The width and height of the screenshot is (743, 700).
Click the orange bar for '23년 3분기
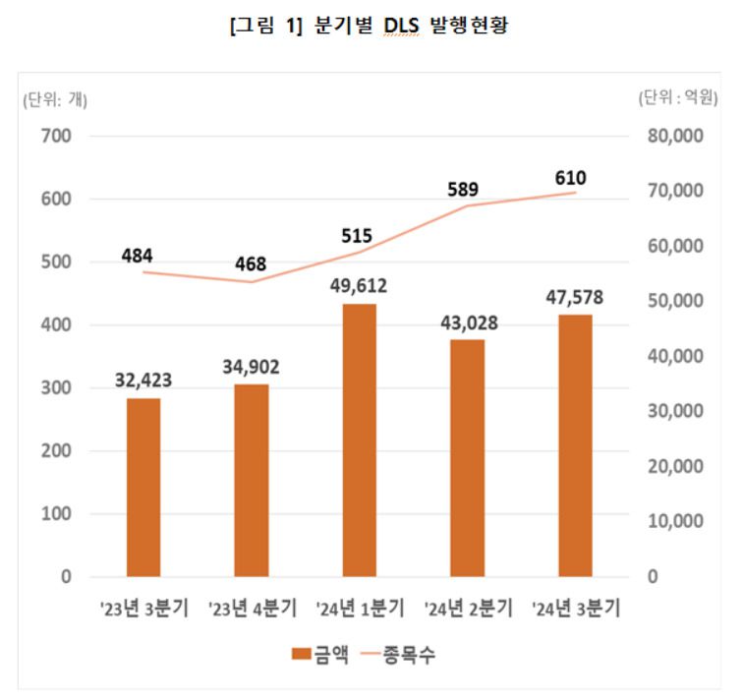click(x=143, y=487)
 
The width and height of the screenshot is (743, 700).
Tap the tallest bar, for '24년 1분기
click(x=359, y=439)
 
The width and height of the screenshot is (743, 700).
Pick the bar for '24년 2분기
click(x=467, y=457)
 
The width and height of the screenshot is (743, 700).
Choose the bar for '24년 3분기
click(x=575, y=445)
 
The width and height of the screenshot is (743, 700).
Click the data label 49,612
click(x=359, y=287)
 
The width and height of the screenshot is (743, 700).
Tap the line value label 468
click(x=251, y=264)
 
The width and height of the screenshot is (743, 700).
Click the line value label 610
click(x=570, y=177)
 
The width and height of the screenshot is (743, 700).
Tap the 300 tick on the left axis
click(x=59, y=388)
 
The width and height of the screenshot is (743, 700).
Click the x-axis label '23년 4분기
click(x=252, y=609)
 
